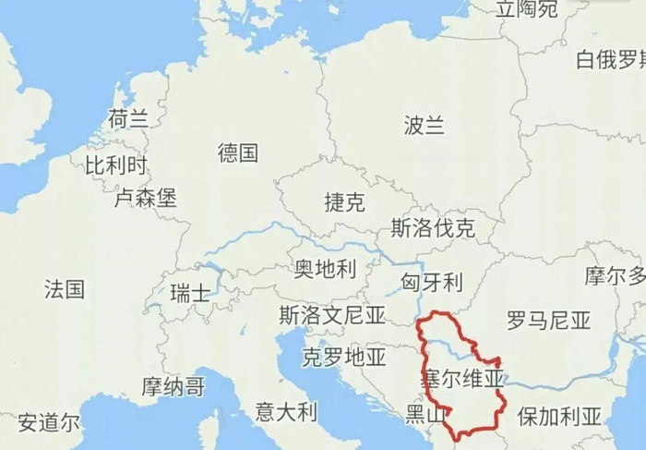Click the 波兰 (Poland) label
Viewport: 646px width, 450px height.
pos(425,127)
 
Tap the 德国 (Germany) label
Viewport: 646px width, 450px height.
pos(238,152)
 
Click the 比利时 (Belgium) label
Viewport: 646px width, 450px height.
pos(116,166)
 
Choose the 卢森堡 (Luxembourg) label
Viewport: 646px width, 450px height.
pos(145,198)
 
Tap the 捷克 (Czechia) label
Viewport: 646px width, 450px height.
pos(344,203)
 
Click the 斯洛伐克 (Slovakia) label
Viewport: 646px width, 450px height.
pos(433,228)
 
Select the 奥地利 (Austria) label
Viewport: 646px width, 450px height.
pos(325,269)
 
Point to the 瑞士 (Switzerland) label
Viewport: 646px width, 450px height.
pos(191,292)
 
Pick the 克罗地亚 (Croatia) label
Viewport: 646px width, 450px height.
pos(344,357)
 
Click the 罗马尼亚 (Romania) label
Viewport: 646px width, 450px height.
pos(548,321)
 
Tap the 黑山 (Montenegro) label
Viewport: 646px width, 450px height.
pos(425,412)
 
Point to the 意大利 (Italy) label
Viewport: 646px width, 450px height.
pos(286,411)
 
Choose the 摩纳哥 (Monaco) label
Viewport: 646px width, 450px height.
pos(173,385)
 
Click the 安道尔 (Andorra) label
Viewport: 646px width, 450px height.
pos(49,423)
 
